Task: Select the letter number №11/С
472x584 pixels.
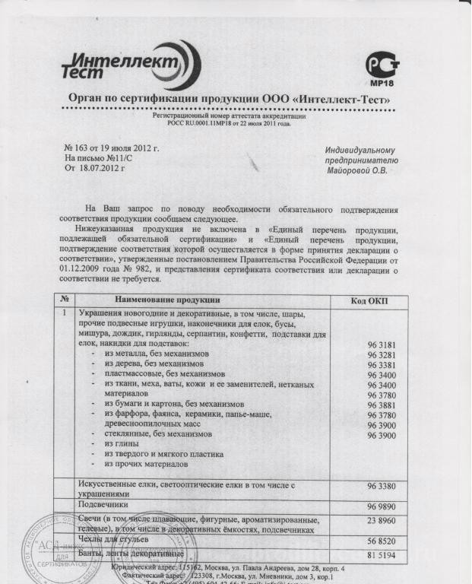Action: tap(115, 157)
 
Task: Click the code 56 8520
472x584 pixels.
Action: tap(382, 541)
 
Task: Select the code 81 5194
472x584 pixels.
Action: tap(382, 556)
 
